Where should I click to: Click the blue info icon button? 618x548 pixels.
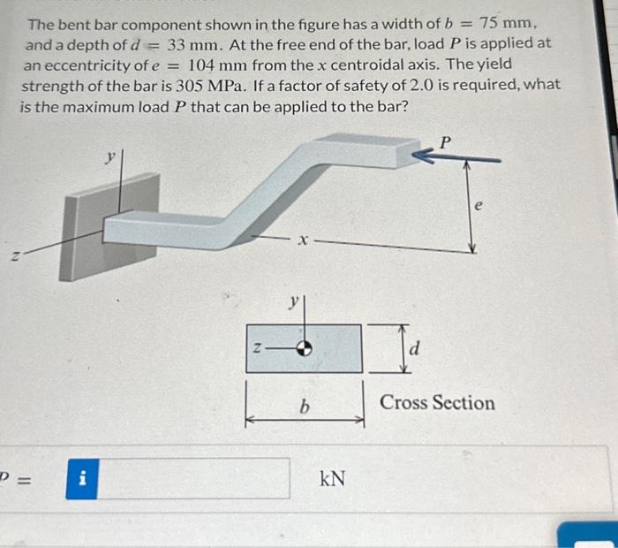(x=81, y=479)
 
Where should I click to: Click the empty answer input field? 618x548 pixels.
(x=193, y=479)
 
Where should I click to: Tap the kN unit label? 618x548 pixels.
(x=332, y=479)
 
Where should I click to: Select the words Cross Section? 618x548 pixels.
(x=437, y=403)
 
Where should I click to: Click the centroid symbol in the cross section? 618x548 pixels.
(x=303, y=347)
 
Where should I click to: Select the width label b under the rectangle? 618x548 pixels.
(x=304, y=407)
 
